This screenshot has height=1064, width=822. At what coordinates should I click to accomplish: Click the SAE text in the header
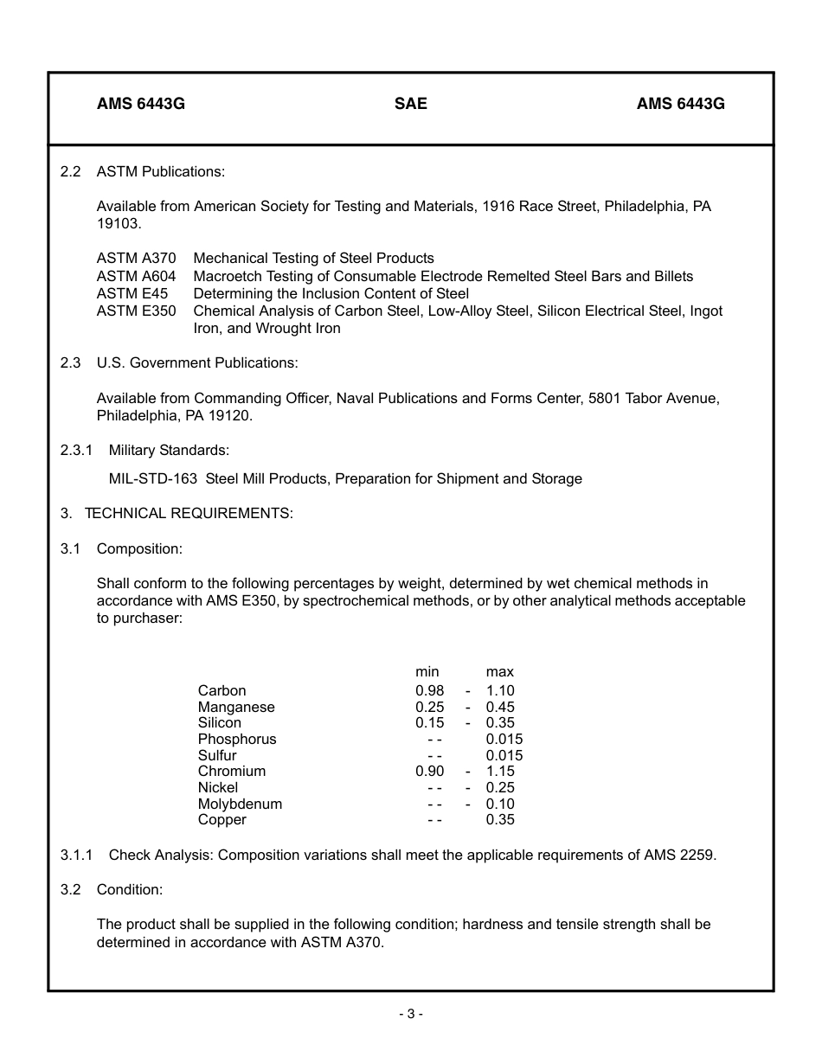(x=411, y=104)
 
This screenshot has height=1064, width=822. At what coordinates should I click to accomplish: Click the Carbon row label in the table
(x=222, y=690)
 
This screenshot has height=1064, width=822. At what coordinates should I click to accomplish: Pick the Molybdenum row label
(x=240, y=804)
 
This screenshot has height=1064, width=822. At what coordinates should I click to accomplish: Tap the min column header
(x=427, y=671)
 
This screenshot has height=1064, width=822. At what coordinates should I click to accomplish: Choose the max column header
(x=499, y=671)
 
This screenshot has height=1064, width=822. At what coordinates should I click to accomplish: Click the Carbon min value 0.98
(x=429, y=690)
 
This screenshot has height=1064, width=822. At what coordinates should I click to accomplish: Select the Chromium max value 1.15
(x=500, y=771)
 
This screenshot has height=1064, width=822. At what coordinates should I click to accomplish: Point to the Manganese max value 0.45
(x=500, y=707)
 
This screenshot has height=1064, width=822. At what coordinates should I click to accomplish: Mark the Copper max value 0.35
(x=500, y=819)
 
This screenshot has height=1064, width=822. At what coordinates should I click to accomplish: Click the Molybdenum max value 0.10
(x=500, y=804)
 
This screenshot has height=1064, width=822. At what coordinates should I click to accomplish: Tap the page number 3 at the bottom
(x=411, y=1013)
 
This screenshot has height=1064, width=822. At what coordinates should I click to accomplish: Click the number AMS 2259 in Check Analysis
(x=680, y=855)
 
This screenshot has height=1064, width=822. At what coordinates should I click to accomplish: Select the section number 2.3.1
(x=76, y=450)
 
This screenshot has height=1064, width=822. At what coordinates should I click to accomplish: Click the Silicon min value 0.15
(x=429, y=722)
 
